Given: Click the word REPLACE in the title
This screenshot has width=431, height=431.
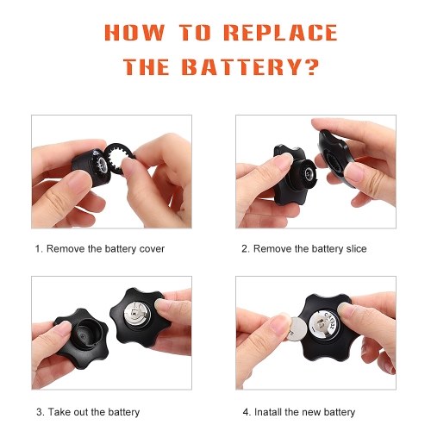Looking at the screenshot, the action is click(280, 32).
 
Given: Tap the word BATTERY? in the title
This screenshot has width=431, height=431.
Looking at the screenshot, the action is click(250, 67).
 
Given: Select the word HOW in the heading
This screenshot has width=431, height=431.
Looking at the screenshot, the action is click(134, 32).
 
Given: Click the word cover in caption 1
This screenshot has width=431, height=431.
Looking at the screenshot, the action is click(152, 249).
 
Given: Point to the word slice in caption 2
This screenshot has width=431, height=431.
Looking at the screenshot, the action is click(356, 249).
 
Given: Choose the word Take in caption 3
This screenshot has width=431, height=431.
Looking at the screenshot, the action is click(59, 412).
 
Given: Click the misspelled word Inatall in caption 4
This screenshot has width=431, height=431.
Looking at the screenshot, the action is click(268, 412).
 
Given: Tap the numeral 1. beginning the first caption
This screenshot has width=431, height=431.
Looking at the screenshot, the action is click(39, 249).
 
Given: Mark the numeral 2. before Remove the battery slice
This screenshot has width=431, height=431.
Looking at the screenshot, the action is click(246, 249).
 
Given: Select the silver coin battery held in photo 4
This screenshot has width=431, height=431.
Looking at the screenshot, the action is click(297, 329).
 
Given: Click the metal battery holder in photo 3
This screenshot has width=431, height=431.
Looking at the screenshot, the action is click(137, 315).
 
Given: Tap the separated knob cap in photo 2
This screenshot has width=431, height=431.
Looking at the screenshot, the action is click(334, 157).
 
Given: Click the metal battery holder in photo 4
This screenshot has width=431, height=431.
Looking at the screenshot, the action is click(324, 325).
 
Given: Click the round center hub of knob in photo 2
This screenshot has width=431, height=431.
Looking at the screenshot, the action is click(308, 174).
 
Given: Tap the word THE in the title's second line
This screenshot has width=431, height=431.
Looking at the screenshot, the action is click(147, 67).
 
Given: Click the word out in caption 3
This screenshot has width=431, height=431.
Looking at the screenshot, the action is click(81, 412).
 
